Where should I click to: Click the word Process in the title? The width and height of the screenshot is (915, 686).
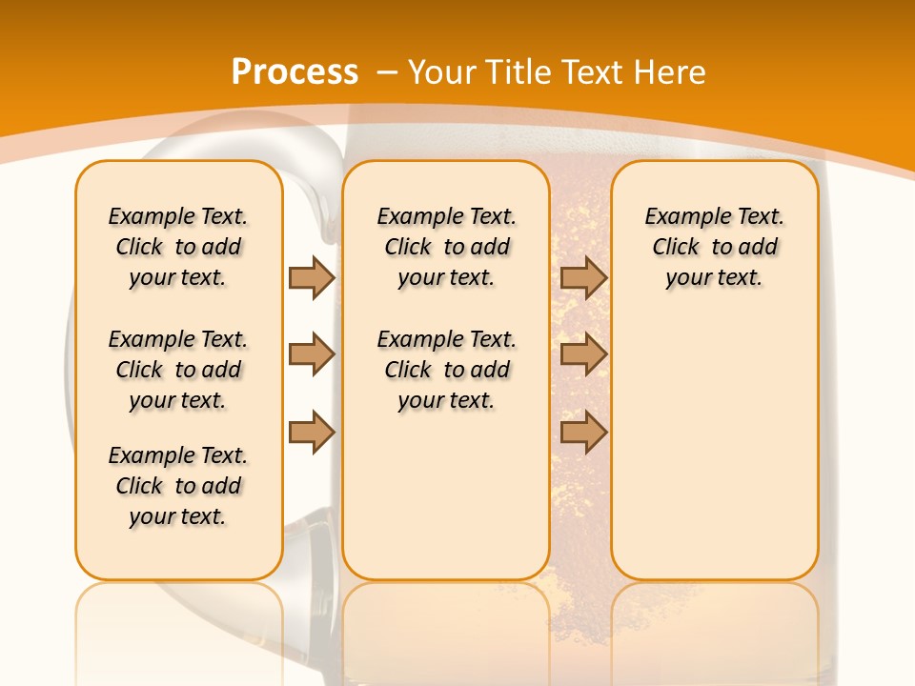click(x=295, y=71)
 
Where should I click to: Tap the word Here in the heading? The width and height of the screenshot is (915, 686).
click(x=670, y=71)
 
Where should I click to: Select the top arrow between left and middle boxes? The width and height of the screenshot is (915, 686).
click(x=312, y=277)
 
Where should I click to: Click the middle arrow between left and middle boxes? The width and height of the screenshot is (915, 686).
click(x=312, y=355)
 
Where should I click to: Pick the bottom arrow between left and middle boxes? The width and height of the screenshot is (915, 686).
click(x=312, y=432)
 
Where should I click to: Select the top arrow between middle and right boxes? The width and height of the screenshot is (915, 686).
click(x=583, y=277)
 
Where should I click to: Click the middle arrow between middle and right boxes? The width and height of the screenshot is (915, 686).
click(x=583, y=355)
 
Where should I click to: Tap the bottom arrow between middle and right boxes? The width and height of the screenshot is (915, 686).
click(x=583, y=432)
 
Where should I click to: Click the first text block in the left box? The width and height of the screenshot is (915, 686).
click(x=178, y=247)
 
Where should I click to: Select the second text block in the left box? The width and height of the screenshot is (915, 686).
click(x=178, y=370)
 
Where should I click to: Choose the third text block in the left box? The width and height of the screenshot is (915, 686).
click(x=178, y=486)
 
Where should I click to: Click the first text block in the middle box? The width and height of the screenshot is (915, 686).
click(x=446, y=247)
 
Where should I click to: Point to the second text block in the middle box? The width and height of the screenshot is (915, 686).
click(x=446, y=370)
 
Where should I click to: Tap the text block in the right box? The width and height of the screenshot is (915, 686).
click(x=714, y=247)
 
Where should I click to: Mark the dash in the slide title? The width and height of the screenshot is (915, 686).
click(x=387, y=72)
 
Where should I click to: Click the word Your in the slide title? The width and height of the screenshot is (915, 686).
click(x=444, y=71)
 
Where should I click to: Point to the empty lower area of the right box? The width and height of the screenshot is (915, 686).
click(x=714, y=448)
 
